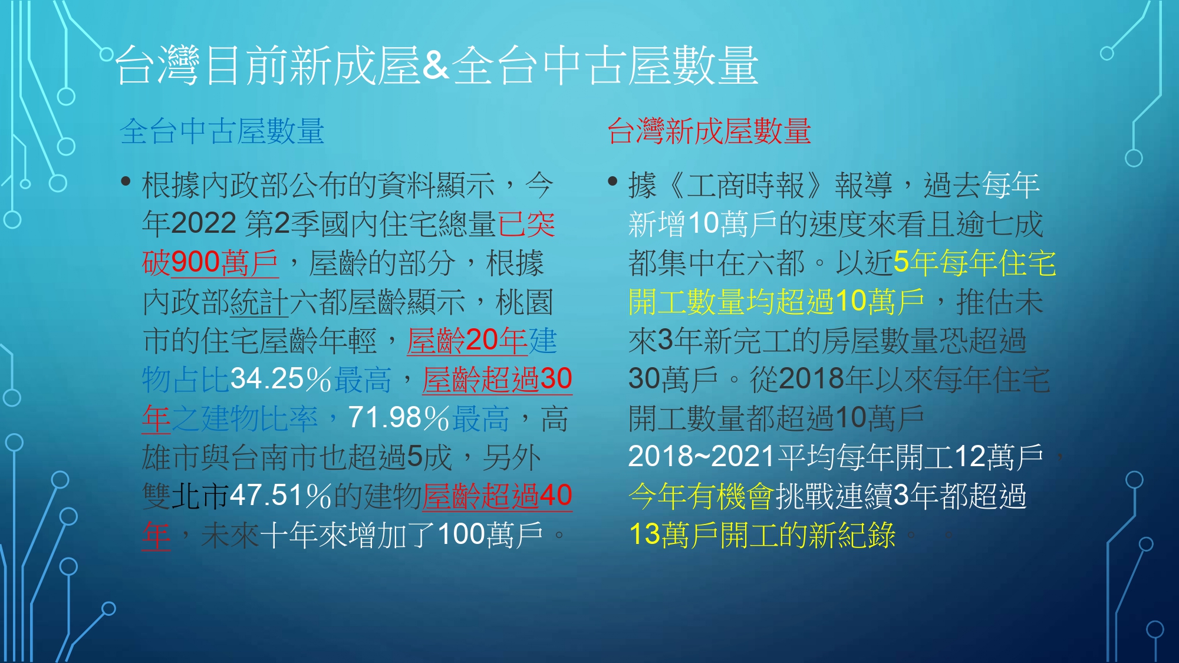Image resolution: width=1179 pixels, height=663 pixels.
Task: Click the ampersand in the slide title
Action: coord(436,65)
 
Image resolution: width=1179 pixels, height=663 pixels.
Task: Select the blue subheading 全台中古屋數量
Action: coord(222,131)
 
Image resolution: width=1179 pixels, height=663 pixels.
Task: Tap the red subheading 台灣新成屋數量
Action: coord(709,131)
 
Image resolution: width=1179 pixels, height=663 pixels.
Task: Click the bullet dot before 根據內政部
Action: coord(126,181)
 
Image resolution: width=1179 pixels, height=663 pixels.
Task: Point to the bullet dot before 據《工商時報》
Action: coord(612,181)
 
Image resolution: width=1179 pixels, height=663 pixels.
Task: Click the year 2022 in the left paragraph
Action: coord(204,224)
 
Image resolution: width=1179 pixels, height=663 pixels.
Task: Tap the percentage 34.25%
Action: coord(281,379)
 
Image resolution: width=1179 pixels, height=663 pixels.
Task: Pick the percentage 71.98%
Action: coord(399,418)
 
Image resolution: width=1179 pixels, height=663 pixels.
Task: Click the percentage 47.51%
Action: coord(281,496)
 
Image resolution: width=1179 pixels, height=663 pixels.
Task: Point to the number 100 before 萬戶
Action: coord(462,535)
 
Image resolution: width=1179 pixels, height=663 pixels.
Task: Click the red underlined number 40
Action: coord(556,496)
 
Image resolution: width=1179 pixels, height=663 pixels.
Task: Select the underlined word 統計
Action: coord(259,302)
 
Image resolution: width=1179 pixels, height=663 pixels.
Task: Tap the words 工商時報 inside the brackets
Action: coord(746,186)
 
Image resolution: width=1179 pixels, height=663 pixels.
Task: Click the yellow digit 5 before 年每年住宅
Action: coord(901,263)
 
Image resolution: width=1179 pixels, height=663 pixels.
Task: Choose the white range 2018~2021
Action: coord(701,457)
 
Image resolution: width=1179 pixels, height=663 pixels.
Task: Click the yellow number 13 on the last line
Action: coord(644,535)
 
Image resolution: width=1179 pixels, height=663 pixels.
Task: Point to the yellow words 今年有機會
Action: coord(702,496)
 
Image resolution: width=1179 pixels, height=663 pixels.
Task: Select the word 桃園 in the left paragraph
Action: coord(524,302)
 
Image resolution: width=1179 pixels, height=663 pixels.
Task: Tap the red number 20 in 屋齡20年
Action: coord(482,341)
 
